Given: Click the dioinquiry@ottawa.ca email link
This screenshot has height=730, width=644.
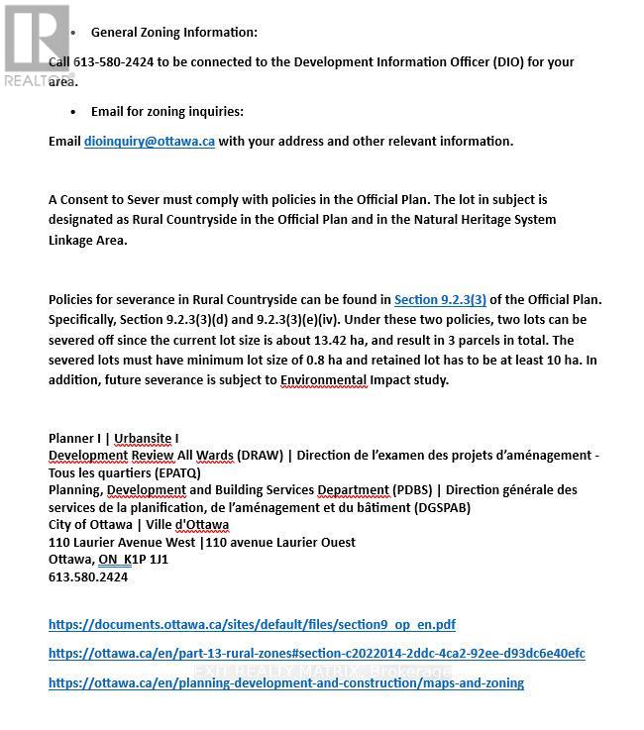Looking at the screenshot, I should [149, 141].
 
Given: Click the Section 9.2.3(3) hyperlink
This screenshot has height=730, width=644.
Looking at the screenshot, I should [440, 299].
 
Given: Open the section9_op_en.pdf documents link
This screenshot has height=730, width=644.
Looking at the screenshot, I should [252, 625].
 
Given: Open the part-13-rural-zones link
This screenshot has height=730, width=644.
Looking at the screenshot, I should [316, 654].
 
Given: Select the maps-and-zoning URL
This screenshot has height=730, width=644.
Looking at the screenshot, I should [285, 682].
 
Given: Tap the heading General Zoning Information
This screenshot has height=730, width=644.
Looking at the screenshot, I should [173, 33].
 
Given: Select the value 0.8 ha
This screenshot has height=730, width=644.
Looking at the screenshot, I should [262, 361].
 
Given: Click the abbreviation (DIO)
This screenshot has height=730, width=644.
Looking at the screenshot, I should [510, 61].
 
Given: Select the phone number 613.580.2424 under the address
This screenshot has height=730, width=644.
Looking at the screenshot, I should [88, 576].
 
